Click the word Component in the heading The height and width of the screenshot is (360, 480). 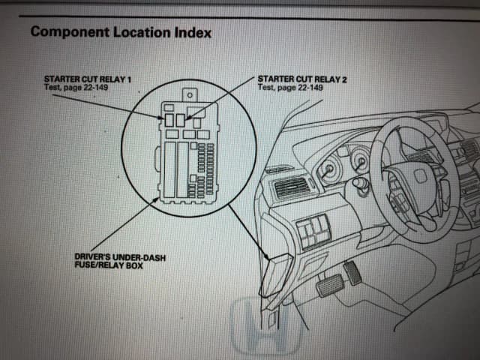pos(70,32)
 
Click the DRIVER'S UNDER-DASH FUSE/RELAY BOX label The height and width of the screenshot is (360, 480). pos(119,261)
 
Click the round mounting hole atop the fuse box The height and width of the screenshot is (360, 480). pos(191,95)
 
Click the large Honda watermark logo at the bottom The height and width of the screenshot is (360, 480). pos(266,326)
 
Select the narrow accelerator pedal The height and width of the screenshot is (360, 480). pos(352,273)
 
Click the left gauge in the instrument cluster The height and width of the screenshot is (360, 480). pos(328,172)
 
